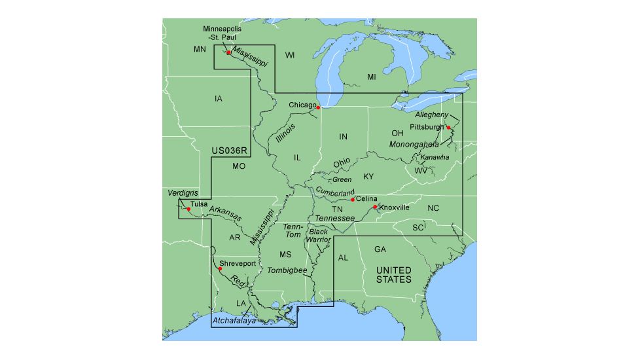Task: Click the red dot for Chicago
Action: (318, 107)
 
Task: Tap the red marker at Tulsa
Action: (188, 209)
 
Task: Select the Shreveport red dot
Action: (220, 268)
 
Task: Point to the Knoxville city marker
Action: (375, 207)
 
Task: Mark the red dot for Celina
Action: (353, 199)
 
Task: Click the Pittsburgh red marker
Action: (448, 127)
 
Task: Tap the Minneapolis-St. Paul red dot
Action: (228, 52)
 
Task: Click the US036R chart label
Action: (228, 151)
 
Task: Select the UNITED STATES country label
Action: (393, 275)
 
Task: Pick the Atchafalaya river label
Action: (234, 321)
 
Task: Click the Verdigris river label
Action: (183, 194)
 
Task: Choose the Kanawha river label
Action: (435, 157)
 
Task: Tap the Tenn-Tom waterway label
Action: (292, 230)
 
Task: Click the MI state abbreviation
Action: (372, 77)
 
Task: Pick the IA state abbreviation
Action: (219, 99)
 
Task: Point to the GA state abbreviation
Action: (380, 249)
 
